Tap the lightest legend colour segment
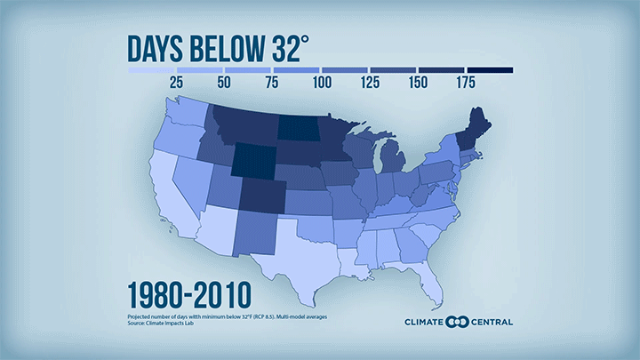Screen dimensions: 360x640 (152, 69)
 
